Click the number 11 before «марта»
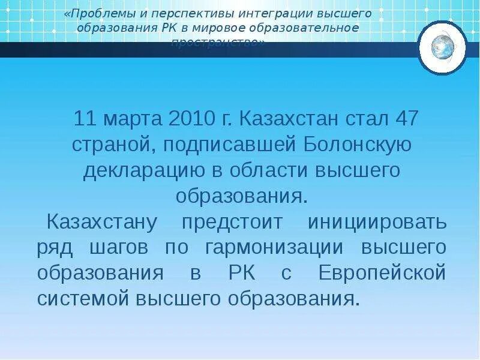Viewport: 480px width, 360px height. pyautogui.click(x=85, y=118)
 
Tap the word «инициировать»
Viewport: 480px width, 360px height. pyautogui.click(x=377, y=222)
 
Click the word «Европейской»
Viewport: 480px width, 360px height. pyautogui.click(x=382, y=273)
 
